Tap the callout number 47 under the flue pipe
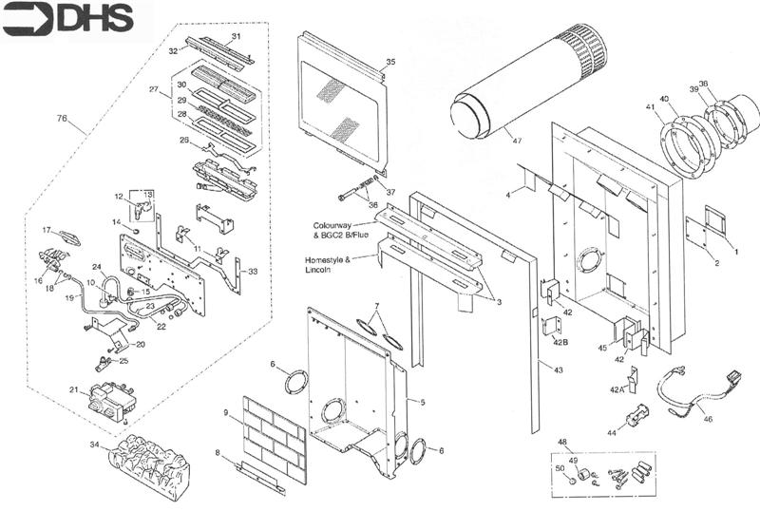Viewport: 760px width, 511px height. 517,142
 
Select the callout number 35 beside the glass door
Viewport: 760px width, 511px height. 390,62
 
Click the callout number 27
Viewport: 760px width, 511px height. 152,88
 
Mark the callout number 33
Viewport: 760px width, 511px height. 253,272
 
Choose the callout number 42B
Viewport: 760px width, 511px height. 561,340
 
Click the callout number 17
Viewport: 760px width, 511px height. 46,230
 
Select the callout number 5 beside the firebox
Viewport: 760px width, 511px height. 422,403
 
